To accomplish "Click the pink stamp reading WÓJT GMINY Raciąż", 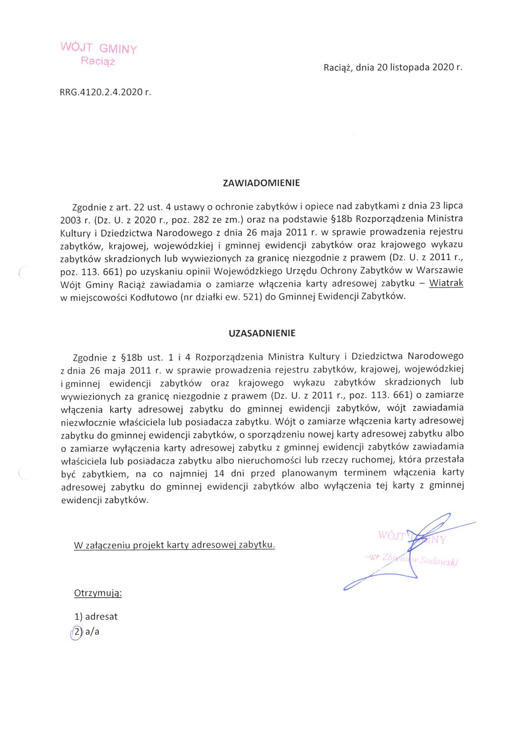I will point(99,54).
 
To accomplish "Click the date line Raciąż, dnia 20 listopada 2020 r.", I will point(393,67).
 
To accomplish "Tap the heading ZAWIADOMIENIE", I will point(261,183).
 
